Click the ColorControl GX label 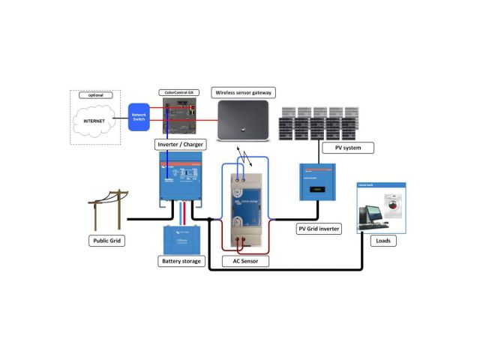[180, 92]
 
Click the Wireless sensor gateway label [244, 92]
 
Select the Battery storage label [182, 261]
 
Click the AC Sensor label [246, 262]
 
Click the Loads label [382, 241]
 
